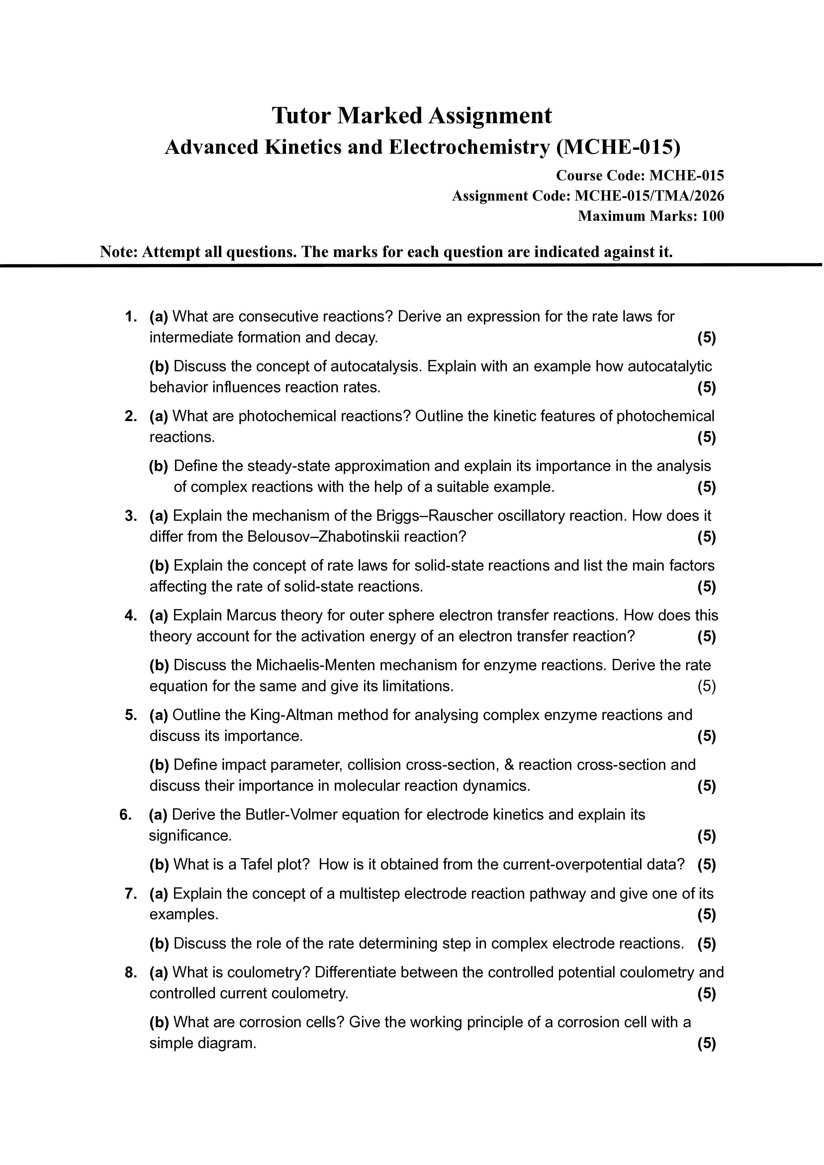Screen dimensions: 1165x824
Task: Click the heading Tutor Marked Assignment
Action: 412,116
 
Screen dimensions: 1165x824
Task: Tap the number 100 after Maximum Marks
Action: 713,216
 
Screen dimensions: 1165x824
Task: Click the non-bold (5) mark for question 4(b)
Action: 706,686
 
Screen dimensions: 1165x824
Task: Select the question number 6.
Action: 126,814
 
